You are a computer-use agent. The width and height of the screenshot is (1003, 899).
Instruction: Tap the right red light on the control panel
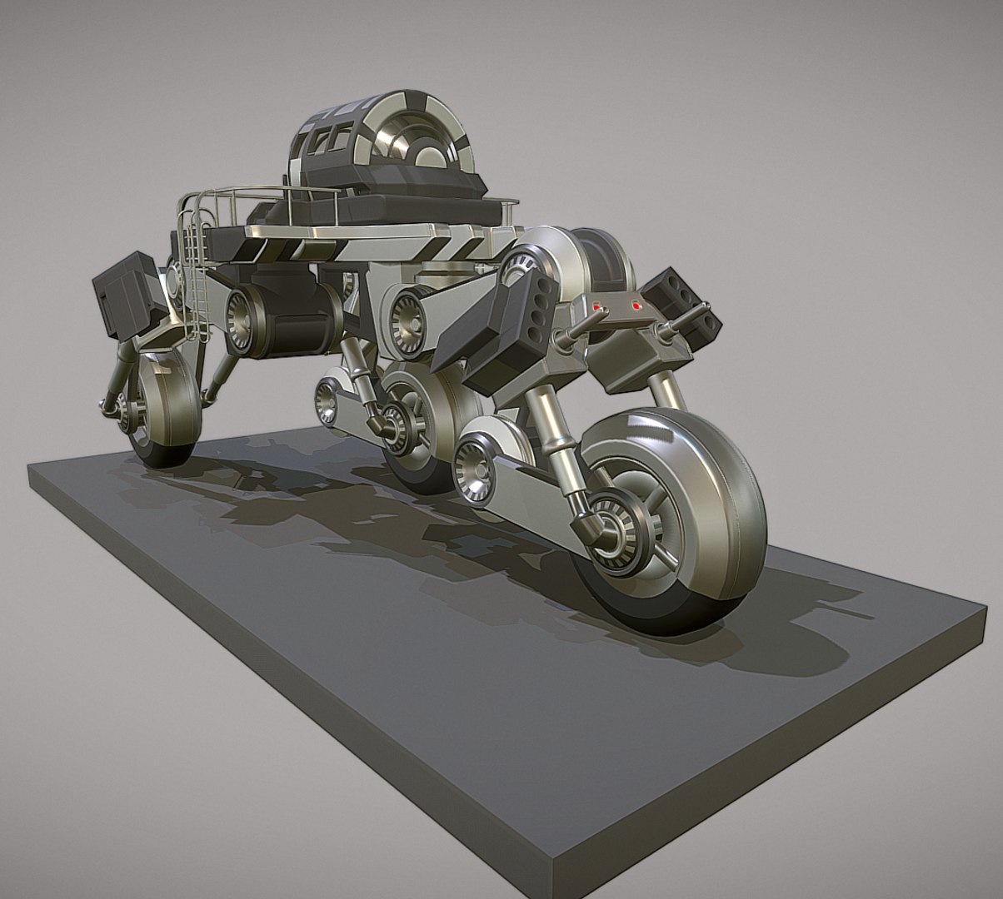tap(636, 306)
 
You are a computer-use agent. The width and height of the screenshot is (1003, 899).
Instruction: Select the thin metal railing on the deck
tap(250, 196)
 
